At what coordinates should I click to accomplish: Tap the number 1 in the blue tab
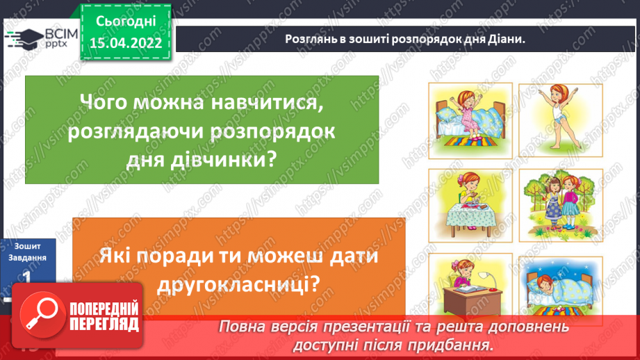click(x=28, y=276)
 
